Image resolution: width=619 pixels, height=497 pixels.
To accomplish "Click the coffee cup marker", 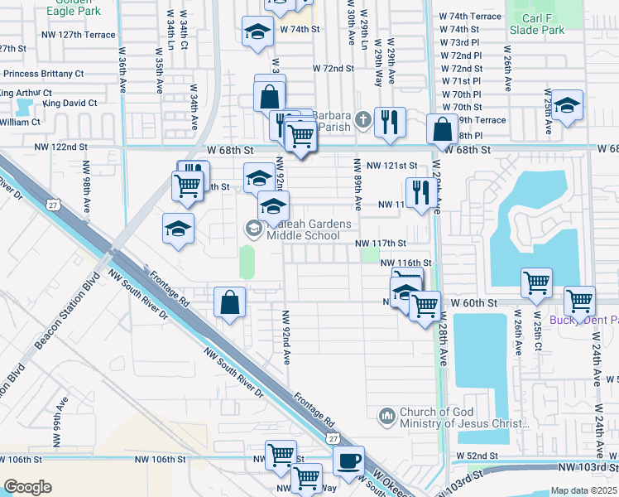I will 348,460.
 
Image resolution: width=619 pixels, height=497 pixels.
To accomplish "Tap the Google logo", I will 28,487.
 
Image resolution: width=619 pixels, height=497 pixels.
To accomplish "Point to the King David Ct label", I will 70,104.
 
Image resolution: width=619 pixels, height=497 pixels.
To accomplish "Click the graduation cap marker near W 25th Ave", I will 567,107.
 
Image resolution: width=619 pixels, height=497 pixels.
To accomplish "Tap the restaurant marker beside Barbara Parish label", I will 389,122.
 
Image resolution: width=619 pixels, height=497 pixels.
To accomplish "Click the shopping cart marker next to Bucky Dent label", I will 579,300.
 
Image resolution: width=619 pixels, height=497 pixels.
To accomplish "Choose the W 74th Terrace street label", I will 470,17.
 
